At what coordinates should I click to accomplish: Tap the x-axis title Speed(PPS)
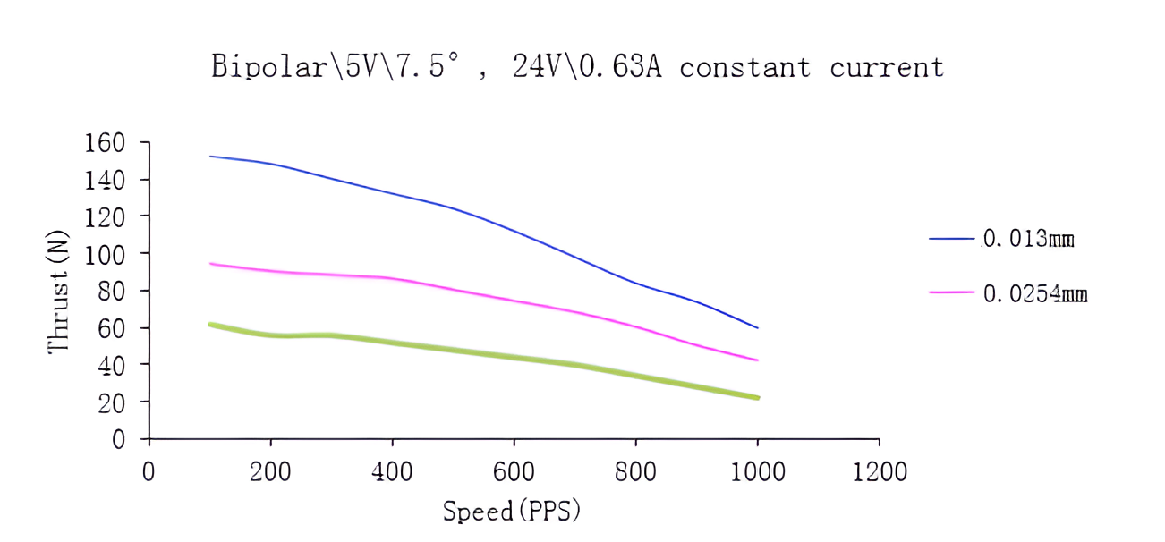click(513, 511)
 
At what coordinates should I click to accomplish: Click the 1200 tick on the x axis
click(879, 471)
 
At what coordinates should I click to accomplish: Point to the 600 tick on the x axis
click(514, 471)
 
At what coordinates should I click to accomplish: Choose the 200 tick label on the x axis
click(270, 471)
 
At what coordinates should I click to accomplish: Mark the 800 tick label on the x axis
click(635, 471)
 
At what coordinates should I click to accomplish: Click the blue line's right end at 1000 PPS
click(758, 328)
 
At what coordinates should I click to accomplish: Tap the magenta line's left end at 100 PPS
click(209, 264)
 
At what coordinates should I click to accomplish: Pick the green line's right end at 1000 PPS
click(758, 397)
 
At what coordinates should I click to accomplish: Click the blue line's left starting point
click(209, 157)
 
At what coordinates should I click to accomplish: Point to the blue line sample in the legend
click(951, 239)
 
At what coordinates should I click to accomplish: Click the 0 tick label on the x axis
click(149, 471)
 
